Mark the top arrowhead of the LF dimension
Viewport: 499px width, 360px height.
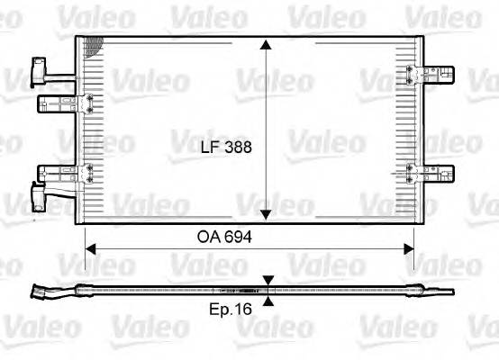point(266,43)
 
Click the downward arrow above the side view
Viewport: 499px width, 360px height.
point(268,282)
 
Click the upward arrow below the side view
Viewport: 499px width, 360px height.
point(268,299)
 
